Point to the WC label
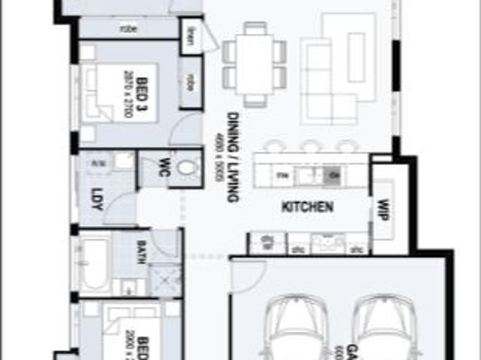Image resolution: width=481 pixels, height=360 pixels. coord(161,169)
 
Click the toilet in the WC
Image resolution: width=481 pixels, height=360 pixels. coord(189,167)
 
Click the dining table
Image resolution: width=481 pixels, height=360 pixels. coord(255,65)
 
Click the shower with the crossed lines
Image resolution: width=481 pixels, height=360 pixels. coord(165,280)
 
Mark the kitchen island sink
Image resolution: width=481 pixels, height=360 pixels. coord(306,175)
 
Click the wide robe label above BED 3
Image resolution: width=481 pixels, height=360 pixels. coord(128,29)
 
